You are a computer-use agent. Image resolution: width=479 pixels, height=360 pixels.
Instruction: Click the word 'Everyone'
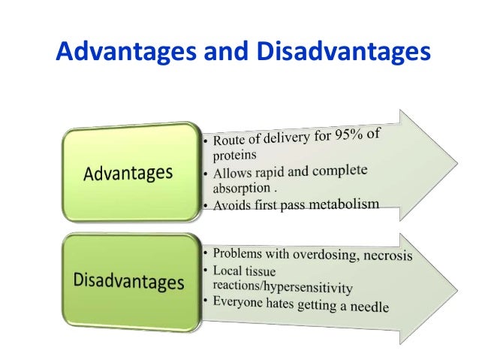pyautogui.click(x=241, y=304)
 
